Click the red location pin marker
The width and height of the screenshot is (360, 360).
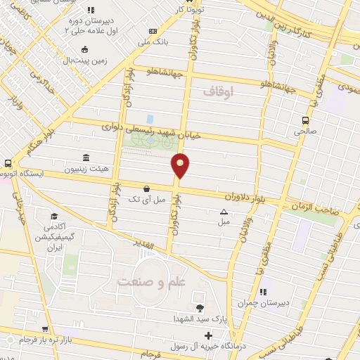(x=181, y=165)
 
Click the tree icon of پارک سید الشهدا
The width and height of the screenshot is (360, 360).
(x=200, y=308)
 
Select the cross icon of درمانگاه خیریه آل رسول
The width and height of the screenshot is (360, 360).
(x=208, y=335)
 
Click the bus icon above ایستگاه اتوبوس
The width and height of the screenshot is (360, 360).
(x=7, y=162)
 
